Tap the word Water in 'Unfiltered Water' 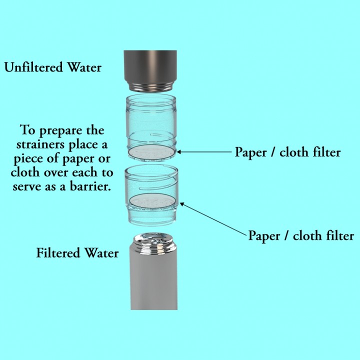pos(84,67)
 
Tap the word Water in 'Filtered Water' pos(100,253)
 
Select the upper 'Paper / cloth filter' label pos(287,152)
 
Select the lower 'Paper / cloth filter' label pos(301,235)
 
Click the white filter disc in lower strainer pos(153,201)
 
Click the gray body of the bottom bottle pos(152,280)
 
